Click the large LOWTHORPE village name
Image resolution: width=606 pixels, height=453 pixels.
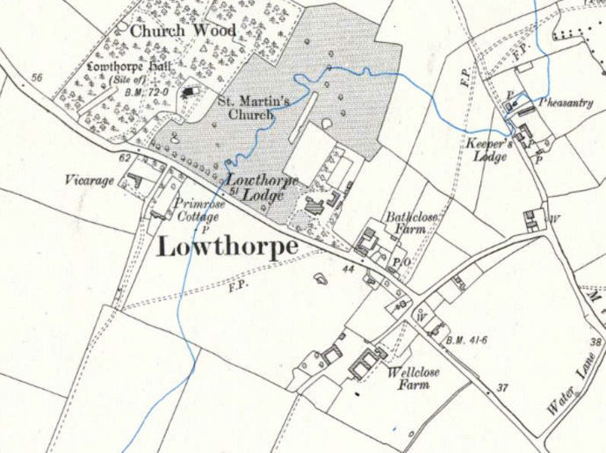pos(227,247)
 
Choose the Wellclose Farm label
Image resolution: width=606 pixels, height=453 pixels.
pos(414,378)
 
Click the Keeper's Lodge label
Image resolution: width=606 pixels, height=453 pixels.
pos(492,150)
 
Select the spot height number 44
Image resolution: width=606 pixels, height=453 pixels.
pos(348,270)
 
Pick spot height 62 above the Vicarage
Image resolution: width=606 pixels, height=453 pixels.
pos(124,158)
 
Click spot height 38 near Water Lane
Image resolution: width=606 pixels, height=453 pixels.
pos(596,342)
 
